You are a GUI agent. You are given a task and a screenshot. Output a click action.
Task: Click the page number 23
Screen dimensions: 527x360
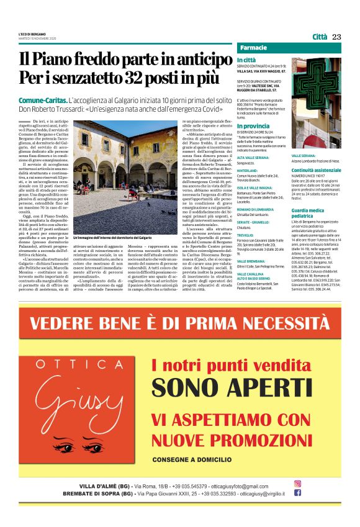pyautogui.click(x=337, y=37)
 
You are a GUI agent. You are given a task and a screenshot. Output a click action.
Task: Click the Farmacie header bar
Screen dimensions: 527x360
pyautogui.click(x=289, y=48)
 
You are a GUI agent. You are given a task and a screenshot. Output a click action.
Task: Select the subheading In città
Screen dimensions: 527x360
pyautogui.click(x=246, y=60)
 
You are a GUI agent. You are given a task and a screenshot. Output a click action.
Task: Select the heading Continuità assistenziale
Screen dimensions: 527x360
pyautogui.click(x=315, y=169)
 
